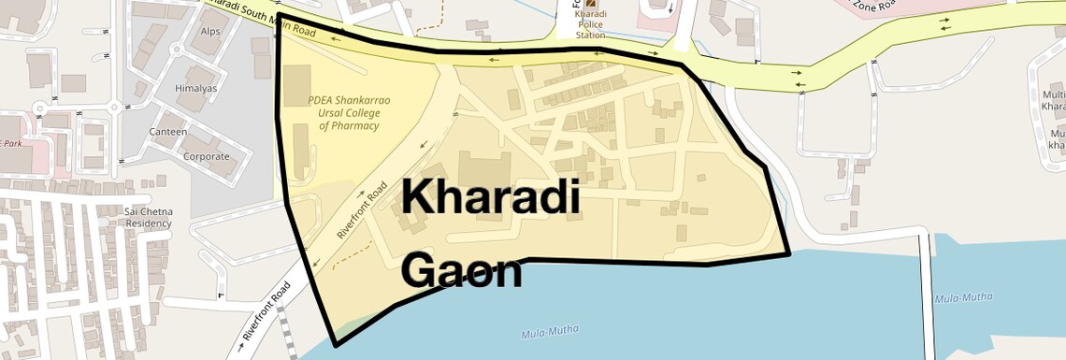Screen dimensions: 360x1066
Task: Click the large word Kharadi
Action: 491,198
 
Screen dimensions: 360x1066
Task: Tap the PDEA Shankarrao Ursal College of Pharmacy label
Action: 349,111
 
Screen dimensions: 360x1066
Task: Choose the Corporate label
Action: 207,156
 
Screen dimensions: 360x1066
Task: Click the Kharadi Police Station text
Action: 590,26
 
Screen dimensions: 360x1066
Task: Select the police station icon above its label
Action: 590,3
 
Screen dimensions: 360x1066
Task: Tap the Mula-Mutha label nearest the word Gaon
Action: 550,331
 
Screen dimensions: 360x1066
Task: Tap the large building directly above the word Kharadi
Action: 483,168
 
